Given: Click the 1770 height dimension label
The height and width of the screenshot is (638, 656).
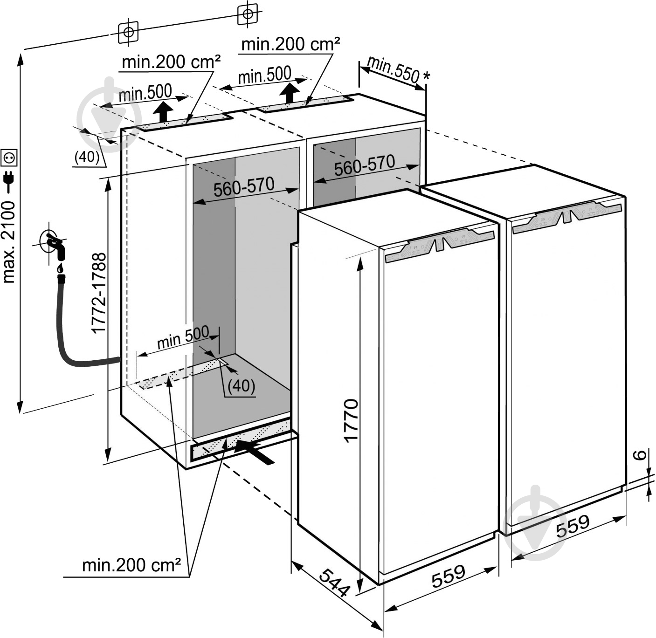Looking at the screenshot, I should click(x=351, y=419).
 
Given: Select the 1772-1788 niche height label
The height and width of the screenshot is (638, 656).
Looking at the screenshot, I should click(x=99, y=293).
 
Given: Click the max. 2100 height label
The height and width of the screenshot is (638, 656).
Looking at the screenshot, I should click(x=9, y=242).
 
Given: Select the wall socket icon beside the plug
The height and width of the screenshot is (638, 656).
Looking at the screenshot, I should click(x=9, y=158).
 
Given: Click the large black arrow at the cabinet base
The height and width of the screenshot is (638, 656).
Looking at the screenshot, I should click(x=254, y=451).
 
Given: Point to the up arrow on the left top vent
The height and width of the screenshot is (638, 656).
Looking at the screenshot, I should click(x=163, y=112).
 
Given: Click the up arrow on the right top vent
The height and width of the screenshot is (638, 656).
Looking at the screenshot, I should click(x=291, y=93).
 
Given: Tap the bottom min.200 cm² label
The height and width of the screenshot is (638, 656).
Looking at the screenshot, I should click(x=131, y=565).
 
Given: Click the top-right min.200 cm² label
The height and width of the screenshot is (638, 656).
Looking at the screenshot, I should click(x=290, y=44).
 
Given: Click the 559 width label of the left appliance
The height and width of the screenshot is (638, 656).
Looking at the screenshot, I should click(x=448, y=576).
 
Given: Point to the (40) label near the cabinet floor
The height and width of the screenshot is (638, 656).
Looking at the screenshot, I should click(x=242, y=386).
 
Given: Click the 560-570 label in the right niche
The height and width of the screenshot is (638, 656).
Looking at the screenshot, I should click(x=364, y=165).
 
